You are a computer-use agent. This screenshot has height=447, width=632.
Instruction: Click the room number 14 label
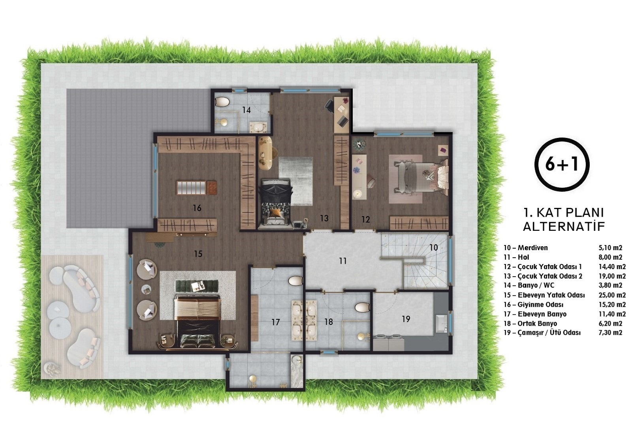coord(246,110)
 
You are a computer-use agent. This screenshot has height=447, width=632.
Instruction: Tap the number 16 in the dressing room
coord(197,208)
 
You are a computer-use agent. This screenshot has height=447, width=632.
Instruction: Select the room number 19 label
coord(406,319)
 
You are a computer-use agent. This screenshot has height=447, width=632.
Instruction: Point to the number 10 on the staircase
coord(433,248)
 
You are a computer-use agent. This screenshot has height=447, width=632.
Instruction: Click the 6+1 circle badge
coord(562,164)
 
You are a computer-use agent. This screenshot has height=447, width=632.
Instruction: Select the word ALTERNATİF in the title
coord(564,226)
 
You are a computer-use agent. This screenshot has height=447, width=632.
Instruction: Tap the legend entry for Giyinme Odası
coord(534,305)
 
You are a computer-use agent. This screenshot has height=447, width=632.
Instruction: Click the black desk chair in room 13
coord(329,106)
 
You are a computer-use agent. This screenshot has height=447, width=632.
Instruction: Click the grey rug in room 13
coord(296,181)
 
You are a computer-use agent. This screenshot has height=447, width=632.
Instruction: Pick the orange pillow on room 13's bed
coord(275,212)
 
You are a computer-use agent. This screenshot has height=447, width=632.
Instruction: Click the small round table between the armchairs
coord(146,289)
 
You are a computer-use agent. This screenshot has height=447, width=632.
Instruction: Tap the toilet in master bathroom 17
coord(295,281)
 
